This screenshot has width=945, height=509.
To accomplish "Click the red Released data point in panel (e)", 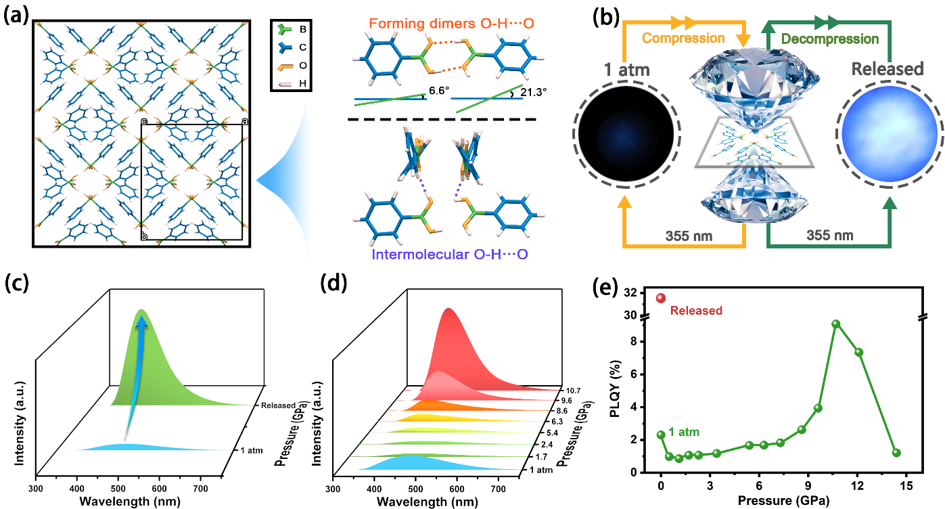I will click(661, 298).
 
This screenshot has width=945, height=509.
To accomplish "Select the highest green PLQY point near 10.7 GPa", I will click(836, 324).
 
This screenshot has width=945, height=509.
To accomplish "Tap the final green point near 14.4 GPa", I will click(896, 453).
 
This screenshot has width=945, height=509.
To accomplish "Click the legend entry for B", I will click(294, 30).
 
